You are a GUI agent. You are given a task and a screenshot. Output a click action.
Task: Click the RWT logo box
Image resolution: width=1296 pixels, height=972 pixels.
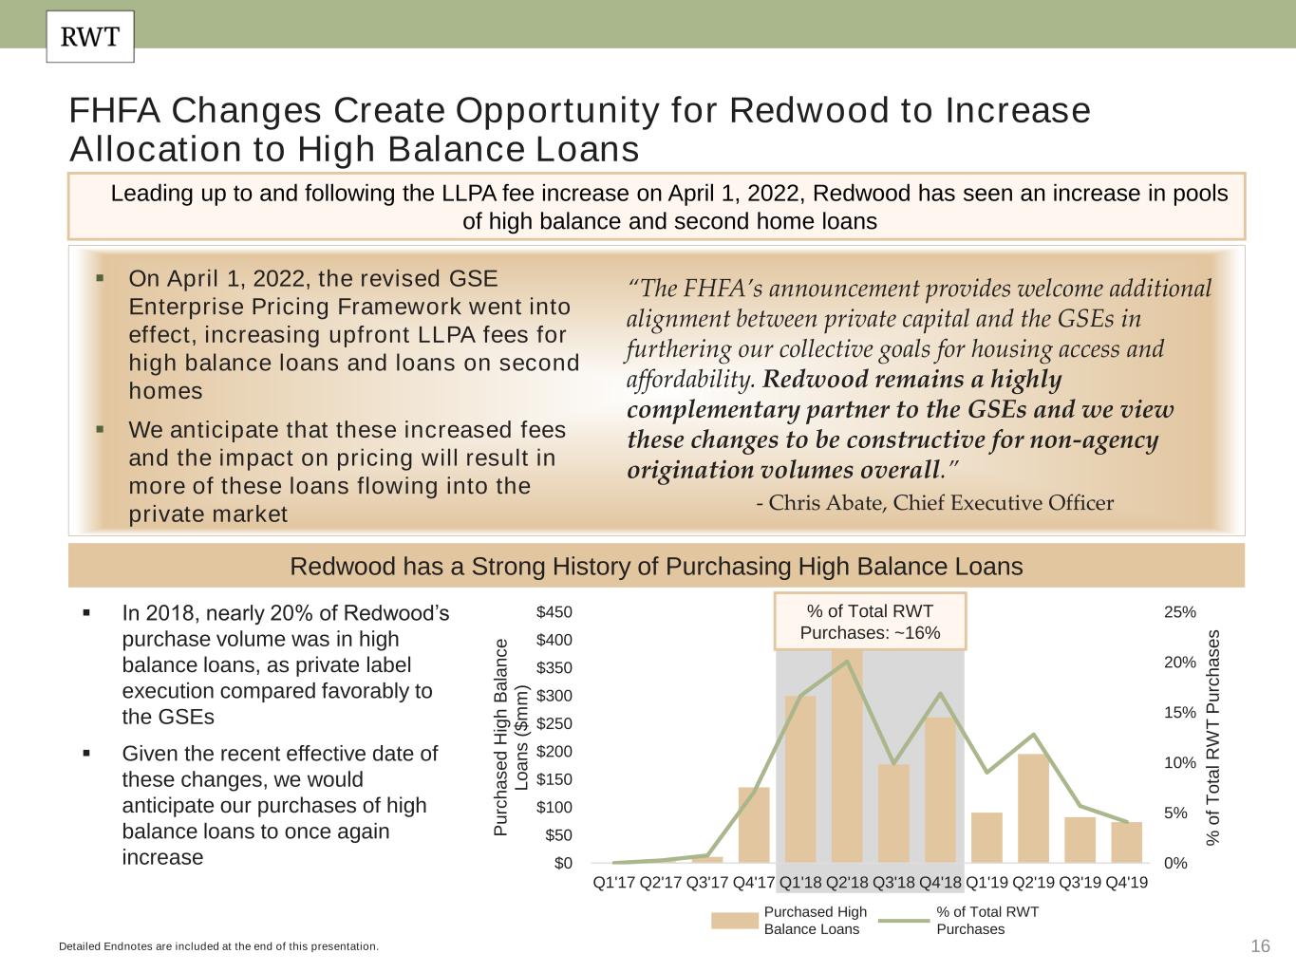pos(90,37)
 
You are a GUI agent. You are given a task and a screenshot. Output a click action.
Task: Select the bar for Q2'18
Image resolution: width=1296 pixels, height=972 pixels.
pos(847,759)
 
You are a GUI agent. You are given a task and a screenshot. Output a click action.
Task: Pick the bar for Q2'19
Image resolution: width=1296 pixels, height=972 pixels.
pos(1033,808)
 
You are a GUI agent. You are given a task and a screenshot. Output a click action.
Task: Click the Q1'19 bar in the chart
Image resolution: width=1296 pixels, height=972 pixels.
pos(986,837)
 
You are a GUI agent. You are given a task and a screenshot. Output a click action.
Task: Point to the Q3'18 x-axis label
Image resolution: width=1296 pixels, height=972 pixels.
pos(893,883)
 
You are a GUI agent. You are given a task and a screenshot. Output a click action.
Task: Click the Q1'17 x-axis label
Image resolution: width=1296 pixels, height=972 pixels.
pos(614,883)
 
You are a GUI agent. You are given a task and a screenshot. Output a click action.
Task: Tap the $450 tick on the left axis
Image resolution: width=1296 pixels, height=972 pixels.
pos(554,612)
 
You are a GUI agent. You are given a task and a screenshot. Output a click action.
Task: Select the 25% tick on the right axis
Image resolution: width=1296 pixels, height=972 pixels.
pos(1180,612)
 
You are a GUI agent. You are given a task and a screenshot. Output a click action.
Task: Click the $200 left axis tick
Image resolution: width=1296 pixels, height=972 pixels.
pos(554,752)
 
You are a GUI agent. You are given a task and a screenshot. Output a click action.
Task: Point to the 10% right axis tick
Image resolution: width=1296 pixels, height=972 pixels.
pos(1180,763)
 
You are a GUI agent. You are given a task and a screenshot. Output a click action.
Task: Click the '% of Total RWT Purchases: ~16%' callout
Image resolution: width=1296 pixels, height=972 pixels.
pos(870,622)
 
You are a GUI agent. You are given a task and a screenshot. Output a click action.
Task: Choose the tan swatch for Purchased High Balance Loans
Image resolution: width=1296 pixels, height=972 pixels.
pos(735,920)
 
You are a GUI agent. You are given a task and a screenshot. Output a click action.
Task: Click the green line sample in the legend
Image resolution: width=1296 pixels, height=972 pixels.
pos(903,920)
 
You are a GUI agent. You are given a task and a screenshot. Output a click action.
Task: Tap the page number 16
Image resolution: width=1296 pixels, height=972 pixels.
pos(1260,946)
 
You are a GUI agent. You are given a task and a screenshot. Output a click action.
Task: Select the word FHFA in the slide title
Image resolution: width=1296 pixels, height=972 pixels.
pos(115,111)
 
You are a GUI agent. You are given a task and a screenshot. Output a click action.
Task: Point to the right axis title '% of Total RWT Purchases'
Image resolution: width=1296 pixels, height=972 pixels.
pos(1213,738)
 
